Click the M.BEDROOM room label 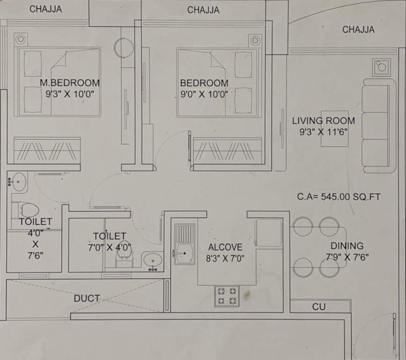click(x=69, y=83)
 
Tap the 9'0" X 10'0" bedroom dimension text click(x=204, y=94)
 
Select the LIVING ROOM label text click(x=324, y=120)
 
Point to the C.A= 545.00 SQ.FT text click(x=339, y=197)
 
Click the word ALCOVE click(x=225, y=247)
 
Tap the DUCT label click(x=87, y=298)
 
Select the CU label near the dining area click(x=319, y=307)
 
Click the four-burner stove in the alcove click(x=227, y=296)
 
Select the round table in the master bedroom click(x=125, y=48)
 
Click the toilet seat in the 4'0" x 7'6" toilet click(x=29, y=210)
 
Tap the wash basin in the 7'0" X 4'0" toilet click(x=152, y=259)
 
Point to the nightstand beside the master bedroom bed click(x=20, y=39)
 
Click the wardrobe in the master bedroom click(x=47, y=150)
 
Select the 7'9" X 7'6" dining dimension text click(x=347, y=257)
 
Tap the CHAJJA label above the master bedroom click(x=45, y=9)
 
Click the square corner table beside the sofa click(x=381, y=67)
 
